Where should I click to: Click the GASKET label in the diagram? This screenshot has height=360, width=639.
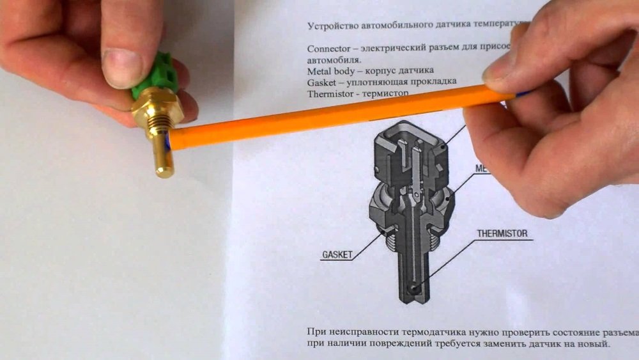(x=336, y=254)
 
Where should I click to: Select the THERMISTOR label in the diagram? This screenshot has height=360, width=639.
(x=502, y=233)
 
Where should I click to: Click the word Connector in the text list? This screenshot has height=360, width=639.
(x=328, y=48)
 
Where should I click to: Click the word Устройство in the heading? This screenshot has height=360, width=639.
(x=335, y=26)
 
